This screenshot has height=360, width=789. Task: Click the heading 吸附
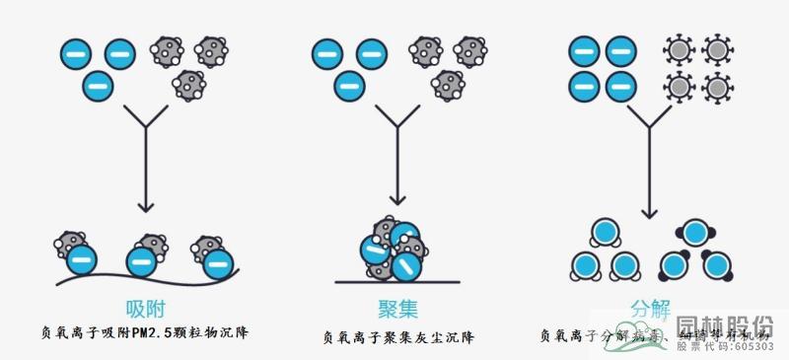pyautogui.click(x=144, y=307)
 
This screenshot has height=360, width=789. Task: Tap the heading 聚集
pyautogui.click(x=396, y=307)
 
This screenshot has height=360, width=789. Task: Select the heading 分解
pyautogui.click(x=649, y=307)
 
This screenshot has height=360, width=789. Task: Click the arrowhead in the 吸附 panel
pyautogui.click(x=145, y=207)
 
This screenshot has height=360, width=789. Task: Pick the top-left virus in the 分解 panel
pyautogui.click(x=680, y=50)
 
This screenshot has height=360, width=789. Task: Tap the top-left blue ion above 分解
pyautogui.click(x=585, y=50)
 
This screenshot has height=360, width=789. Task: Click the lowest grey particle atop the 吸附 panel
pyautogui.click(x=187, y=85)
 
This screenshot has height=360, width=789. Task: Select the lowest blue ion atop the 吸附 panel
pyautogui.click(x=98, y=85)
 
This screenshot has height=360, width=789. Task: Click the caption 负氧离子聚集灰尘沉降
pyautogui.click(x=398, y=338)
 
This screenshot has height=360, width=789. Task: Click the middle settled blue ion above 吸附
pyautogui.click(x=144, y=260)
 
